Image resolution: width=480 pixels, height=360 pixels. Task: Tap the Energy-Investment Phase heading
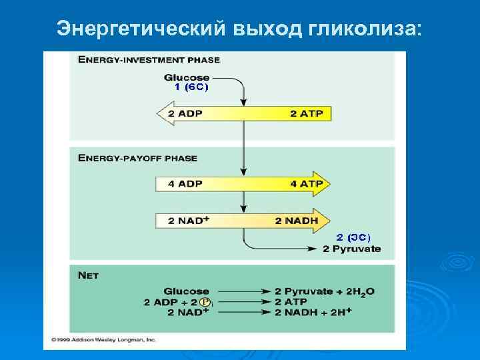(149, 59)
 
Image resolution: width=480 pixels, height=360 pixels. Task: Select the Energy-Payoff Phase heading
(137, 158)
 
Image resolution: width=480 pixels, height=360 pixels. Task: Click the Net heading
(88, 275)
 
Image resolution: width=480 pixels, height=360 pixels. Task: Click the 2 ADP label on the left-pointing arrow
(186, 113)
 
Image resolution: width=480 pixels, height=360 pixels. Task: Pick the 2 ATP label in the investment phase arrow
(306, 113)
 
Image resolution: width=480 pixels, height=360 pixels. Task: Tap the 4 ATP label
(306, 184)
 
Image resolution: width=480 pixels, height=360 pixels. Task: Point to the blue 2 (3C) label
(353, 237)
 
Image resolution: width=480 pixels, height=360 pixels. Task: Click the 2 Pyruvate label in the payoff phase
(351, 249)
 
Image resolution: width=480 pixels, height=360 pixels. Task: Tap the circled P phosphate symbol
(205, 302)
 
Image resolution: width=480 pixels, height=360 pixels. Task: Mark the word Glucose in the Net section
(186, 291)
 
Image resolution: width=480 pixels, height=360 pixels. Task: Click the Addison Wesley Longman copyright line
(103, 339)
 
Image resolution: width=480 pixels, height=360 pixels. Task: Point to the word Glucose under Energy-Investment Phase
(187, 77)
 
